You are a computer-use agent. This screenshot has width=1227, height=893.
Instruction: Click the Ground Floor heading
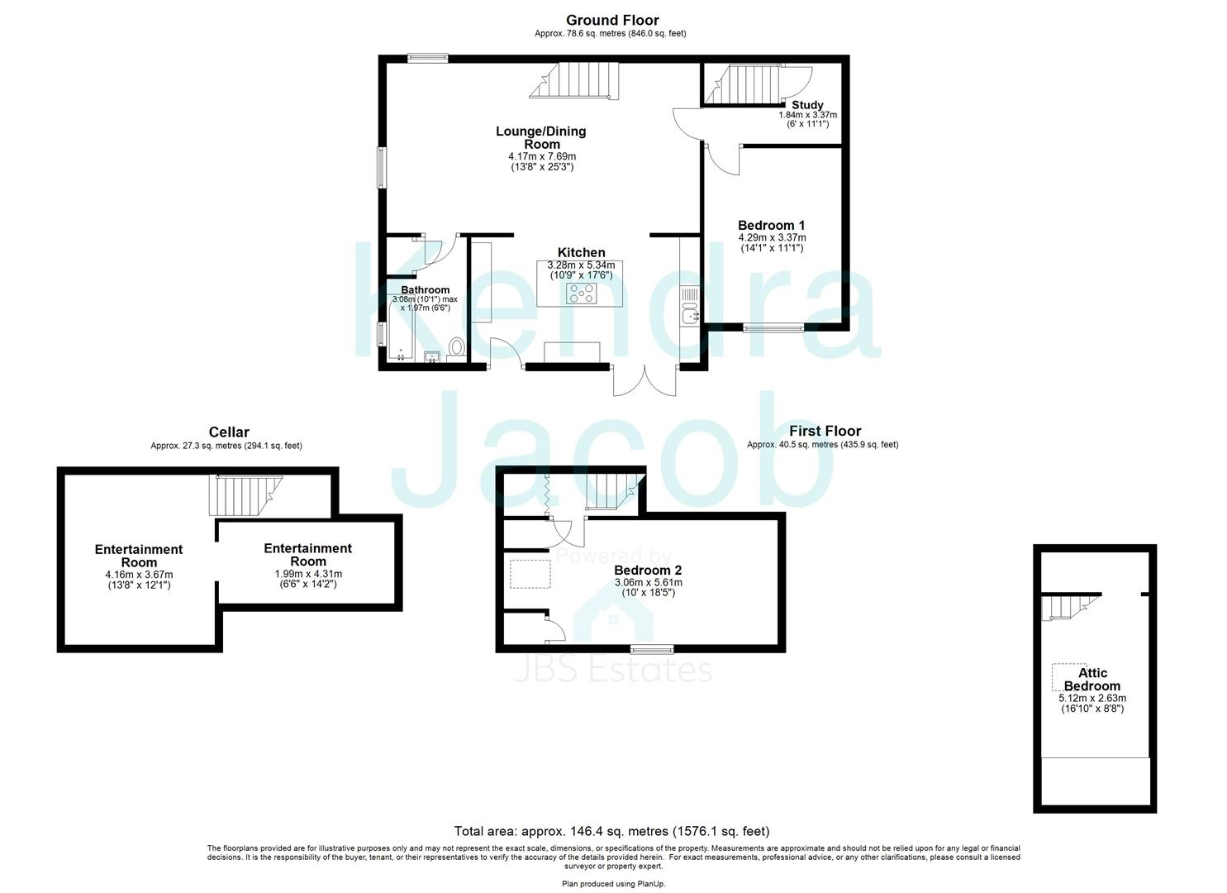612,20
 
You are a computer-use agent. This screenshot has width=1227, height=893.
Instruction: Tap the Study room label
807,105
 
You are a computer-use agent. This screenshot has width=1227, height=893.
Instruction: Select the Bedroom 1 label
771,225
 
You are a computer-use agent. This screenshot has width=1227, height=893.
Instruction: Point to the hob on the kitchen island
582,292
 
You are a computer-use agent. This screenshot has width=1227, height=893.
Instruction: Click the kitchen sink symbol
689,313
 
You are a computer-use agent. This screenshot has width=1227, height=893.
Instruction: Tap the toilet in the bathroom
455,347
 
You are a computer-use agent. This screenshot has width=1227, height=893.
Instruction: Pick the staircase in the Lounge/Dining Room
575,80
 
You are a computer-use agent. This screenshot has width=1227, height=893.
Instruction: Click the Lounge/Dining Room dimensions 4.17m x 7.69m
542,156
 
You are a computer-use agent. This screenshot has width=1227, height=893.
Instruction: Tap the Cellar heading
229,432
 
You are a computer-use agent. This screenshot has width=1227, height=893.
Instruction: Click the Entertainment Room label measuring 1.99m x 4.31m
307,555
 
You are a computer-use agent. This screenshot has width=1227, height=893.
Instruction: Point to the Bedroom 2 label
648,571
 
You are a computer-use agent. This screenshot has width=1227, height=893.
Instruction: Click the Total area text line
611,831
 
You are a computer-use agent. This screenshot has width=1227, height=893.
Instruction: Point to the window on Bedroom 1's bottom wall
773,328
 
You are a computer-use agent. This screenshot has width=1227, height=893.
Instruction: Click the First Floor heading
825,431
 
